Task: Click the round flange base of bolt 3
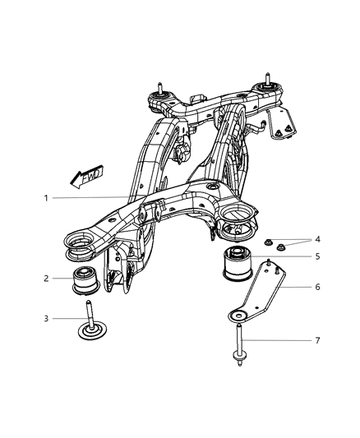(x=89, y=332)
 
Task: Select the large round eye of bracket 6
(x=237, y=316)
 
